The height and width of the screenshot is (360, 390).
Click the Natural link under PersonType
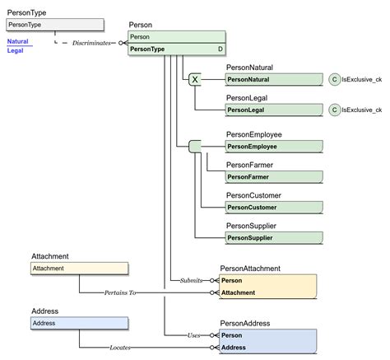17,40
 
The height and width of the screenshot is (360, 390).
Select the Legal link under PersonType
15,50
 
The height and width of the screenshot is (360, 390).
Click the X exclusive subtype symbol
195,80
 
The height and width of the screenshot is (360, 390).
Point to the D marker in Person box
220,49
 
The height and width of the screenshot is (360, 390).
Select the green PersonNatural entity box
274,80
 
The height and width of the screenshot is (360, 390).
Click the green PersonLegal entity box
274,110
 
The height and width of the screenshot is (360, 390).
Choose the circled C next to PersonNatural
334,80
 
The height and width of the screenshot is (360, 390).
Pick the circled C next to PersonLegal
334,110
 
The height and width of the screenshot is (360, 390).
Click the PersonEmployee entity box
274,147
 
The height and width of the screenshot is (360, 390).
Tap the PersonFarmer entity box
274,176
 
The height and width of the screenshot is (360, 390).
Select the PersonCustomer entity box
274,207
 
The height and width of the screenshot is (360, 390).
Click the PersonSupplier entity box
274,237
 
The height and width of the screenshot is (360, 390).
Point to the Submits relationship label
191,280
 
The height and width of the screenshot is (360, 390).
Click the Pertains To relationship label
121,292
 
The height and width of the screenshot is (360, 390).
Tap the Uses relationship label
194,335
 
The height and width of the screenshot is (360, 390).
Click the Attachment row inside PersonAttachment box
267,292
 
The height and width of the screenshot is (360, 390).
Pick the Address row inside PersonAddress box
267,348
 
